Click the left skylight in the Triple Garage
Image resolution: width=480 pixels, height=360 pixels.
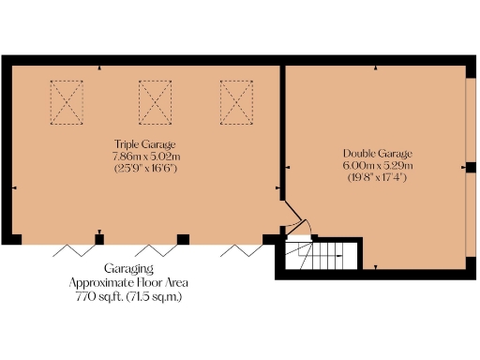pyautogui.click(x=67, y=101)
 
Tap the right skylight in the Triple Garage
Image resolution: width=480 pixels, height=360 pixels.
pyautogui.click(x=236, y=101)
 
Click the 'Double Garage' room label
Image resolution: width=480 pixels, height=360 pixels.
pyautogui.click(x=377, y=153)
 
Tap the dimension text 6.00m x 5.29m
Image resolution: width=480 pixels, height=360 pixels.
pyautogui.click(x=377, y=165)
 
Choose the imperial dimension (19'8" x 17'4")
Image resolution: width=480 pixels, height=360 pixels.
pyautogui.click(x=377, y=177)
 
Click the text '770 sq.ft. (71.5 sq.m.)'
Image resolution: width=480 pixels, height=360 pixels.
pyautogui.click(x=128, y=296)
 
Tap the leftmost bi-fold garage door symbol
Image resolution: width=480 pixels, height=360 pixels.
pyautogui.click(x=70, y=248)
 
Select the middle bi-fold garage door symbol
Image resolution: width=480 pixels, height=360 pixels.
pyautogui.click(x=156, y=248)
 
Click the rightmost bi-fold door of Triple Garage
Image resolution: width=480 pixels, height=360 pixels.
pyautogui.click(x=241, y=248)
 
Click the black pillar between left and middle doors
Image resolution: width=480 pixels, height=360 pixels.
pyautogui.click(x=98, y=238)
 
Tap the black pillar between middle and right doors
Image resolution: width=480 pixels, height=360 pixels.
pyautogui.click(x=184, y=238)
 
